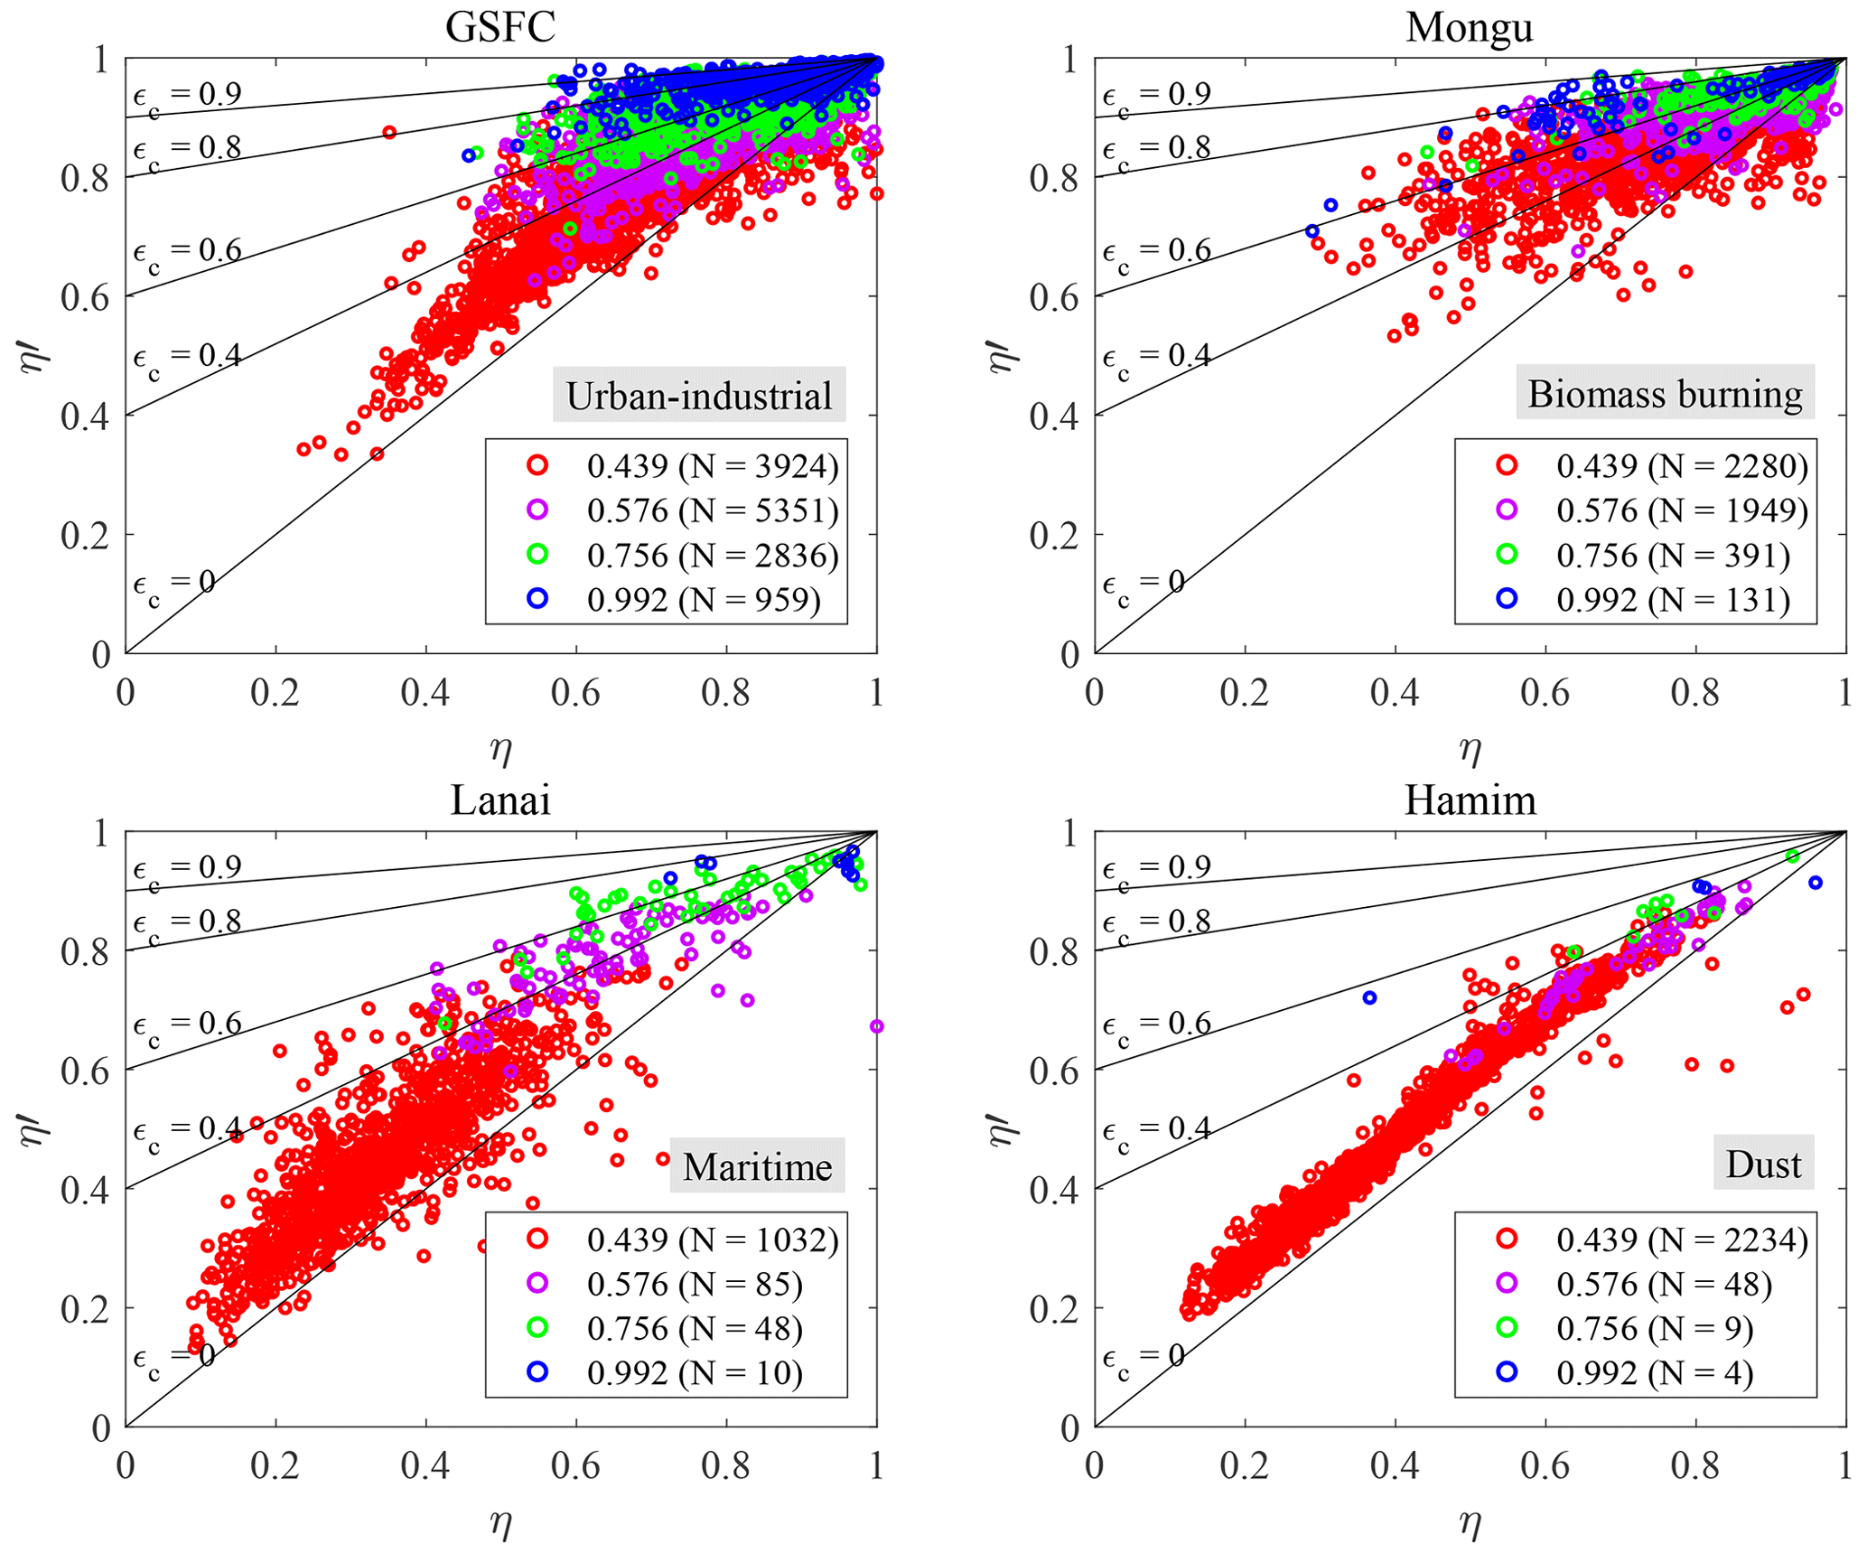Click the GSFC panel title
pos(499,27)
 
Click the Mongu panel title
pos(1469,27)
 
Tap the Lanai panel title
pos(499,800)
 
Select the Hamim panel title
pos(1470,800)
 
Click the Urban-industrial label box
pos(699,396)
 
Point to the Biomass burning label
pos(1665,393)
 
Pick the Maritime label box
pos(757,1166)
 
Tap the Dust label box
pos(1763,1164)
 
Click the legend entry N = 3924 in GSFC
pos(712,466)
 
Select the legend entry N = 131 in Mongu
pos(1672,600)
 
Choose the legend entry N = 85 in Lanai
pos(694,1284)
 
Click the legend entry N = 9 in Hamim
pos(1654,1328)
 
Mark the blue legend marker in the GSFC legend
pos(537,598)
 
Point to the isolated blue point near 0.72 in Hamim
pos(1369,998)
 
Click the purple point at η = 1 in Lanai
pos(876,1026)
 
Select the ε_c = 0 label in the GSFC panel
pos(173,584)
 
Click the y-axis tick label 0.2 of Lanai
pos(85,1309)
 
